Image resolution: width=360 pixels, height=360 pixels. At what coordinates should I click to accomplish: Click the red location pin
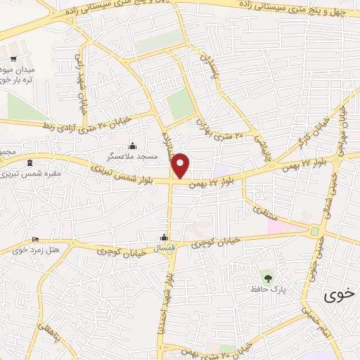click(181, 166)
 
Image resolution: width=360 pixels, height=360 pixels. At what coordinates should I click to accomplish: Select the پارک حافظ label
click(266, 288)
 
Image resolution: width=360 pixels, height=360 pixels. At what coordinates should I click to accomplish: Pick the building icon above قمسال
click(164, 236)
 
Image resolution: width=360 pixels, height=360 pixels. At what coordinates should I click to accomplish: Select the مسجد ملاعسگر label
click(131, 155)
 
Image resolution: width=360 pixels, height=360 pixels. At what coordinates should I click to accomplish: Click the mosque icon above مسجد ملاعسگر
click(133, 145)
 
